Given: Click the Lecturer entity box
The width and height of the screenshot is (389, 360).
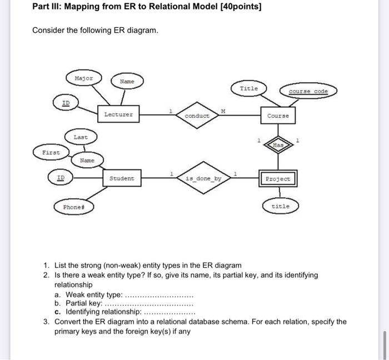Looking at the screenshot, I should [x=118, y=115].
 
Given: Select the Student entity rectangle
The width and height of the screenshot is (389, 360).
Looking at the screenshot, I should [x=121, y=178].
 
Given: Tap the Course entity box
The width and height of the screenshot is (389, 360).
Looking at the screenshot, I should [x=277, y=116].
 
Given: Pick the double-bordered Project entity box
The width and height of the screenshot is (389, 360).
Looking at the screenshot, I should [x=278, y=179].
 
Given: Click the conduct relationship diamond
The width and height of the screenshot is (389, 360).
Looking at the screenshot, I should [x=197, y=116].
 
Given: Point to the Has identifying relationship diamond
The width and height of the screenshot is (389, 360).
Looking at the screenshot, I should [x=278, y=144].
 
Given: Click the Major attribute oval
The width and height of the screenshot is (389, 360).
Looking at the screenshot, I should [x=83, y=78].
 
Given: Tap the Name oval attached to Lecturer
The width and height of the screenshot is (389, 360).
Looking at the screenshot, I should [x=127, y=82].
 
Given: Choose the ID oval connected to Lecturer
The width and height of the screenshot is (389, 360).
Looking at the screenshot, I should [x=66, y=102].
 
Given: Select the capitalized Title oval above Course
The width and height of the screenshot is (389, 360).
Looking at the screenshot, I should [x=248, y=89].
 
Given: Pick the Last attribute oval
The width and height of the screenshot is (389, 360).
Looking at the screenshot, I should [x=81, y=136].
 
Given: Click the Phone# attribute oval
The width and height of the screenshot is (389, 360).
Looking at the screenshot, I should [x=74, y=207].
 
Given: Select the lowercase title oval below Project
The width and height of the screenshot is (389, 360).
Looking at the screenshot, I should [x=280, y=206].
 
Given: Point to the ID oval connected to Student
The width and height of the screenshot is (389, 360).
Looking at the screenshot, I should [x=62, y=178].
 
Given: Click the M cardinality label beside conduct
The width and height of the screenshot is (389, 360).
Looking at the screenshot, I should [x=223, y=111].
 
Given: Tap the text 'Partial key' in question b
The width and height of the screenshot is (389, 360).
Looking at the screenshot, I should [x=83, y=303].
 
